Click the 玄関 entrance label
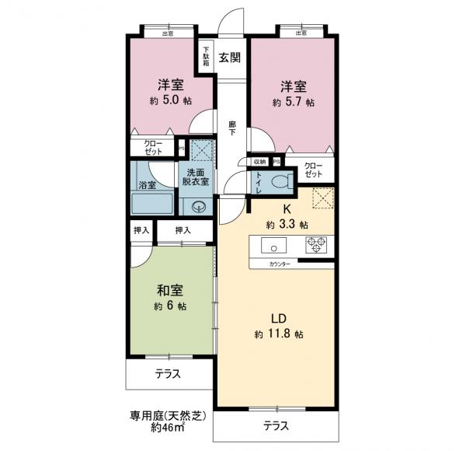[x=228, y=57]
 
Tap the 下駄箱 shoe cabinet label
[x=206, y=57]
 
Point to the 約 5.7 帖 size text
[x=294, y=102]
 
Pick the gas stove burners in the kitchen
[x=317, y=246]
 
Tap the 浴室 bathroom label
[x=147, y=185]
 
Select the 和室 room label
[x=169, y=292]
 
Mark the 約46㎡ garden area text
[x=167, y=428]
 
